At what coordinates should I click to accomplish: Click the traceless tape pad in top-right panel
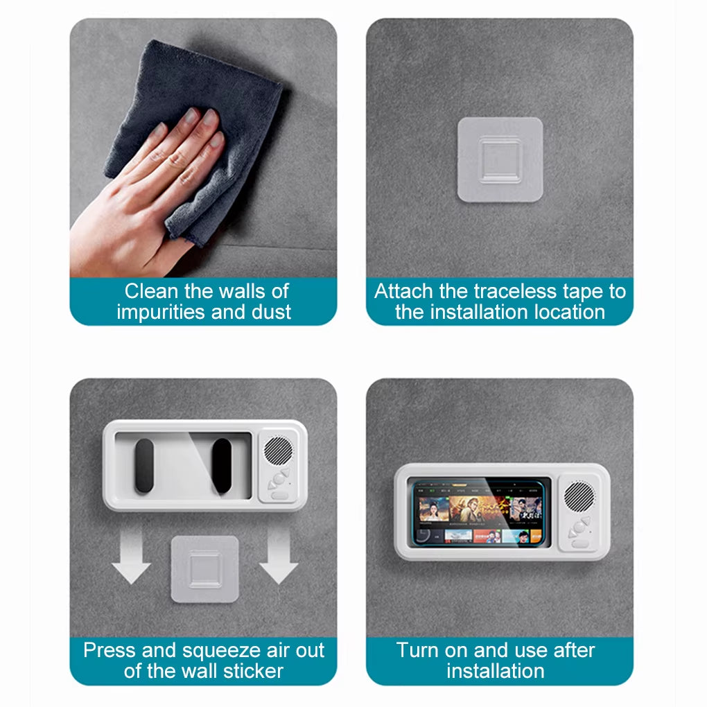click(499, 160)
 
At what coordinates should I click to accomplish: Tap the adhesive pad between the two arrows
click(205, 568)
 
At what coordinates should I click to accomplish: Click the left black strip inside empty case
click(144, 466)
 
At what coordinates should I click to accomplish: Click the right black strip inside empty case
click(222, 466)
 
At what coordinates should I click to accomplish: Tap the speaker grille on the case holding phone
click(579, 497)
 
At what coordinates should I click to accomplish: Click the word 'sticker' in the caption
click(252, 671)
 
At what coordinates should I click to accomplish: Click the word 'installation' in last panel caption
click(496, 671)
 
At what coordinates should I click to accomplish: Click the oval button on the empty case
click(279, 495)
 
